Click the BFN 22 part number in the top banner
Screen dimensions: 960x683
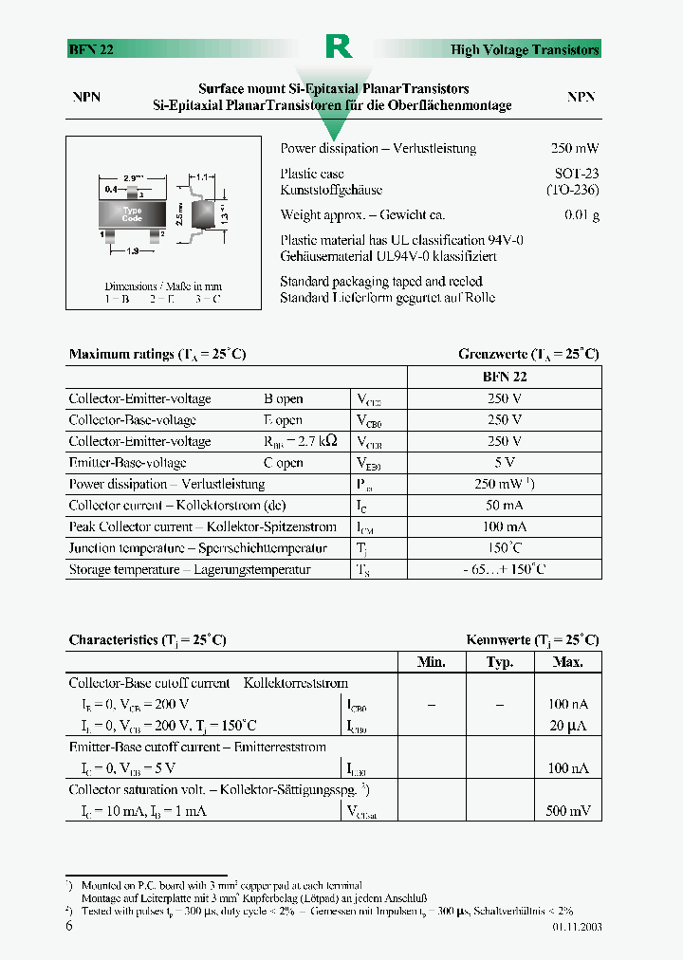(x=91, y=50)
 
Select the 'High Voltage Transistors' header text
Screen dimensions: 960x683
(x=525, y=50)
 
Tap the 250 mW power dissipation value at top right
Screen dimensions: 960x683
(x=575, y=149)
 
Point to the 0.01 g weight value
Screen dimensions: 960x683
(x=581, y=215)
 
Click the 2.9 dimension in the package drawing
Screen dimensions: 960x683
(x=133, y=177)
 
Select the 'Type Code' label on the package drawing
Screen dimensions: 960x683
(x=132, y=214)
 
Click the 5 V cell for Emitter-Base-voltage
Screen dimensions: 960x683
(x=505, y=463)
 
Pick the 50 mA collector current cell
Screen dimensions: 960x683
(x=505, y=506)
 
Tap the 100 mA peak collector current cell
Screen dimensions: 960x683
(x=505, y=527)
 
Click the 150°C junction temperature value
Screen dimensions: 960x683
(x=505, y=548)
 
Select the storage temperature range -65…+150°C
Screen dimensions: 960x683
(x=505, y=570)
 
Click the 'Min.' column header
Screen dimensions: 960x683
(x=432, y=662)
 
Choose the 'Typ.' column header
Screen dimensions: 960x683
(x=500, y=662)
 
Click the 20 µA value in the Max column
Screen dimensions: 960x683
(x=568, y=726)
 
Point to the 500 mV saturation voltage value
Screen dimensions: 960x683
(x=567, y=811)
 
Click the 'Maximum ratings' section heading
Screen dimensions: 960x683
(x=157, y=355)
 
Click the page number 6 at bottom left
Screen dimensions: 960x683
(x=69, y=926)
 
